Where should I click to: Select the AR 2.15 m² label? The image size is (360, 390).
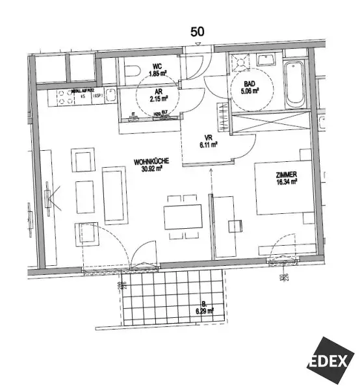tap(158, 96)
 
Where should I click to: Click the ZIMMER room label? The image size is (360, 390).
tap(285, 175)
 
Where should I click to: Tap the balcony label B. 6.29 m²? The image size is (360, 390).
tap(205, 307)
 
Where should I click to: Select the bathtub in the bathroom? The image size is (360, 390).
tap(295, 84)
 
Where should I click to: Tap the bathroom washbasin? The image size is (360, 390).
tap(266, 60)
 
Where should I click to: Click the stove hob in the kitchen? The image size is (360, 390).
tap(65, 97)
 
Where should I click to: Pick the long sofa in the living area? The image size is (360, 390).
tap(114, 194)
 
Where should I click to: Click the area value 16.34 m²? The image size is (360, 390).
tap(285, 183)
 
